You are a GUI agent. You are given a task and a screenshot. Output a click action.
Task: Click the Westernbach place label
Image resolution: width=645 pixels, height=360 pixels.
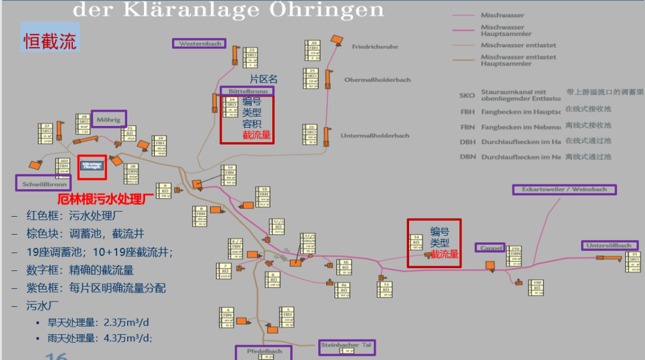point(200,44)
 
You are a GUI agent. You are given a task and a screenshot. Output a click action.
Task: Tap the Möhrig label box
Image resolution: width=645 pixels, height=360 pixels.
point(109,119)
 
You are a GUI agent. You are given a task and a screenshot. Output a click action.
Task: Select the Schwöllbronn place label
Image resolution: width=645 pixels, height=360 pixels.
point(43,183)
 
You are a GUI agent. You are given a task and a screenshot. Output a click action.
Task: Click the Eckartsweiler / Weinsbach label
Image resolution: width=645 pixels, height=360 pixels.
point(564,189)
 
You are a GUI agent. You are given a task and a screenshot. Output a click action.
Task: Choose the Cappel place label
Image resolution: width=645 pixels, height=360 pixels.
point(490,248)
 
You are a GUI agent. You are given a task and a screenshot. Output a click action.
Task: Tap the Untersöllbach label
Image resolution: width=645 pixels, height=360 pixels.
point(609,245)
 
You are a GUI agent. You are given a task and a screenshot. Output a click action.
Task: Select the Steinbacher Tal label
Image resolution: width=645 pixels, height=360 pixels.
point(346,345)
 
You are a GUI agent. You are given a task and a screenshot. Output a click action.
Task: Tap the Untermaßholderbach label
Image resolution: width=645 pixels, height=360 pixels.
point(375,136)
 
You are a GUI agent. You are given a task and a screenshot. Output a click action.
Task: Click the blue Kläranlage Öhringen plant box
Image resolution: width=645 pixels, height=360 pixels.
point(92,165)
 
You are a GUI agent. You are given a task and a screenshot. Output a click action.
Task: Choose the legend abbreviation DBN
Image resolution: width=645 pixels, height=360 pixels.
point(468,157)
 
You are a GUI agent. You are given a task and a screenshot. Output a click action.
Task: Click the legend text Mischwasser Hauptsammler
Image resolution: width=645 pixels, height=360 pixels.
point(502,30)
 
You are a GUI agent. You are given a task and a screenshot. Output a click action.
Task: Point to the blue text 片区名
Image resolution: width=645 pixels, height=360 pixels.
point(263,79)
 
